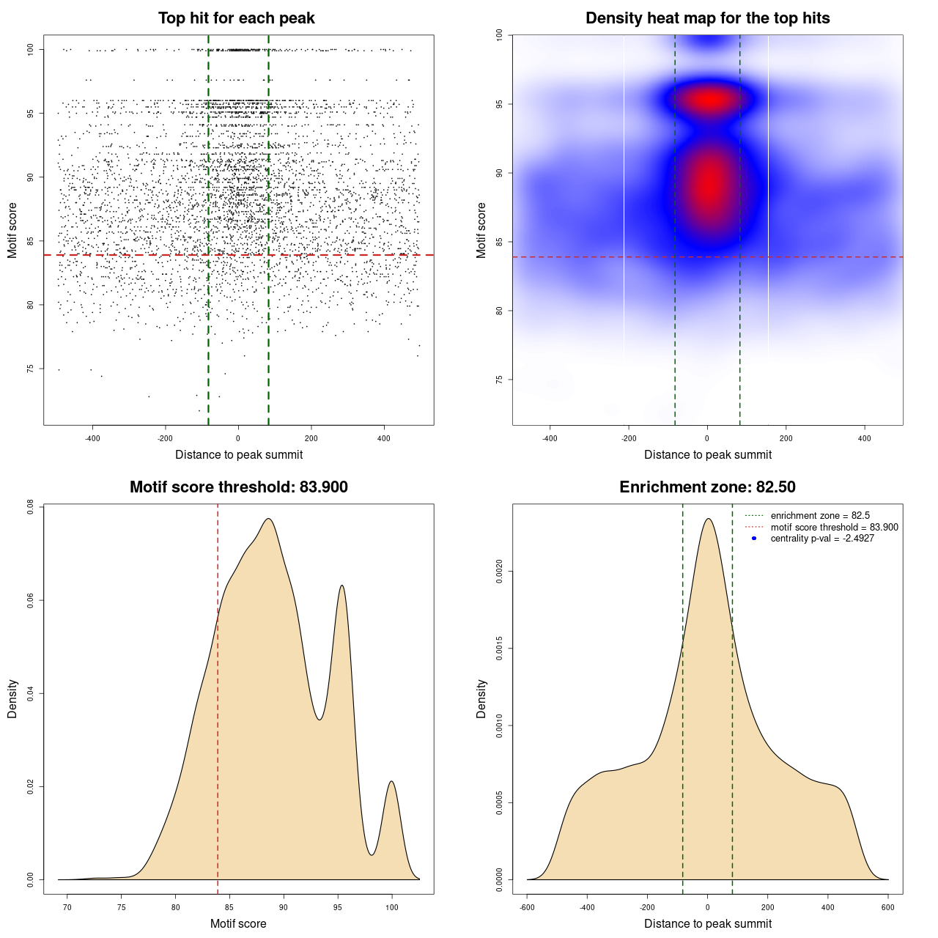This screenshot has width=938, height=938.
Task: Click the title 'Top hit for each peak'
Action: (x=237, y=18)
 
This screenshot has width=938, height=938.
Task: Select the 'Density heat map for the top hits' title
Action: (x=707, y=18)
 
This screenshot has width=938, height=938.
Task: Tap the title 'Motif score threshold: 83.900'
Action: (x=238, y=487)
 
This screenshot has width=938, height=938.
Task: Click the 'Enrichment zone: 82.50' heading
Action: (x=707, y=487)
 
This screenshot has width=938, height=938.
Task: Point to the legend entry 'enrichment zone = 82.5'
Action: (x=820, y=516)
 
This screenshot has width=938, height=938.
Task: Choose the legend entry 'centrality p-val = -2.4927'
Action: (x=822, y=539)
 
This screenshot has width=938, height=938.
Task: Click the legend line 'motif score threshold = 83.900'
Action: (x=834, y=528)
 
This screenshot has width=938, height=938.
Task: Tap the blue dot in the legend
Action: (x=754, y=539)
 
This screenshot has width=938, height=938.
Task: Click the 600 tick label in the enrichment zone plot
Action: (x=888, y=907)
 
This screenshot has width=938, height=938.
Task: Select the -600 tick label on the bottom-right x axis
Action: (x=527, y=907)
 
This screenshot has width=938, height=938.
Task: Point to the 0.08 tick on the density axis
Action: (x=30, y=507)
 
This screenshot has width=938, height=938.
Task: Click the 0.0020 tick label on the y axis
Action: (x=499, y=571)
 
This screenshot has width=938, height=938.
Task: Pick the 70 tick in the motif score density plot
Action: (x=67, y=907)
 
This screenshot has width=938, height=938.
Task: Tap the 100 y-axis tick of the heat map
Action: (x=499, y=35)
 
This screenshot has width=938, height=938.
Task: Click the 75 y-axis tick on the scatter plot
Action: (x=30, y=369)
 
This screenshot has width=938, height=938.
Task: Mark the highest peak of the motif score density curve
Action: (x=269, y=519)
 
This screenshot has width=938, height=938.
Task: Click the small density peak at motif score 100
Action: (x=392, y=781)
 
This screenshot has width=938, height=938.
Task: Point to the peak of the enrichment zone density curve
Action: (x=708, y=519)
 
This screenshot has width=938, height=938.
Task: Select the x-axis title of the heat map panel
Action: (x=707, y=455)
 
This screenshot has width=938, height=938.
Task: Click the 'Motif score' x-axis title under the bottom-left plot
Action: (x=238, y=924)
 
